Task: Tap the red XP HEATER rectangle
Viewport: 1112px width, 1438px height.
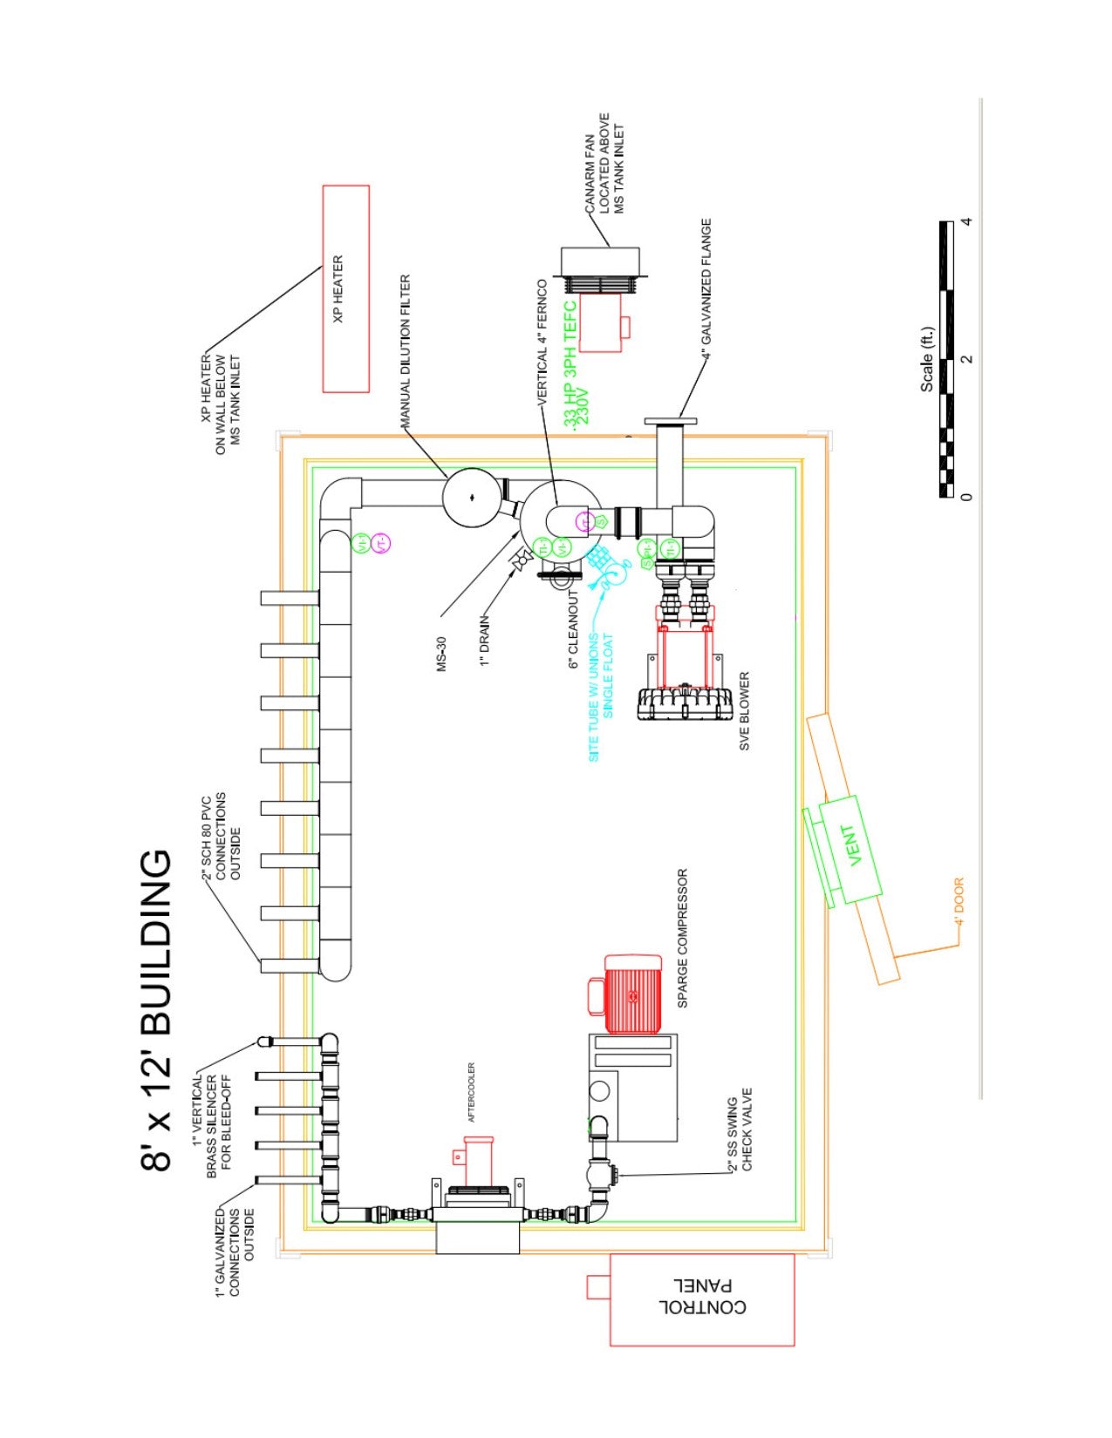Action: [345, 288]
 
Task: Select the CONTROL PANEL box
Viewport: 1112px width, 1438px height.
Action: [702, 1299]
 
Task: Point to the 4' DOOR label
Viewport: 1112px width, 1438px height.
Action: [959, 900]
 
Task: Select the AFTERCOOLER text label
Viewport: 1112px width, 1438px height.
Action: [472, 1092]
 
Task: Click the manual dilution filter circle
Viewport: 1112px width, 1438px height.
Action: [471, 498]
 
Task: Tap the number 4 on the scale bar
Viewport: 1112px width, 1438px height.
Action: [965, 221]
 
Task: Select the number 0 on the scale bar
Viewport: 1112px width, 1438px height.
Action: [965, 497]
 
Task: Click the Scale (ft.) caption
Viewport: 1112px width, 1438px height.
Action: [926, 359]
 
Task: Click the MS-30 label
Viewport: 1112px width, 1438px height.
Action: [442, 654]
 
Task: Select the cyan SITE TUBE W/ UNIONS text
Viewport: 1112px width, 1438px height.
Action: [595, 697]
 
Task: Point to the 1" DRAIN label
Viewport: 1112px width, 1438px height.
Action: [485, 641]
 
